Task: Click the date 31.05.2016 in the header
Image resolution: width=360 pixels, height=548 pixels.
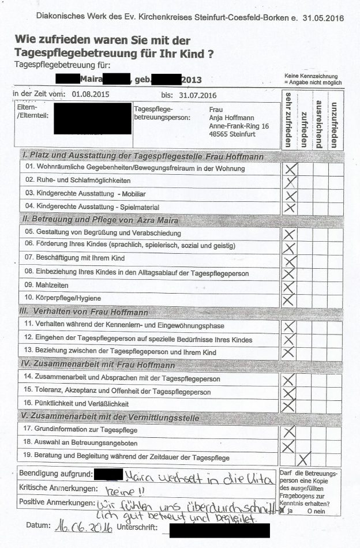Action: pyautogui.click(x=324, y=18)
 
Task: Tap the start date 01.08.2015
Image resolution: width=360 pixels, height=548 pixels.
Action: pyautogui.click(x=91, y=93)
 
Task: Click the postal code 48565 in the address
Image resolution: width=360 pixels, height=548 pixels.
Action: pyautogui.click(x=219, y=134)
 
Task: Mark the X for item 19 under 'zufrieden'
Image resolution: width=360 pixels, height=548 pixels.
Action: pyautogui.click(x=304, y=458)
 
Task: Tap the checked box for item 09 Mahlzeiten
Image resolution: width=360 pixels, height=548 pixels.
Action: pyautogui.click(x=289, y=286)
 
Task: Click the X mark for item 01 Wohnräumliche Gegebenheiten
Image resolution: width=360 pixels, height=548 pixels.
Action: pyautogui.click(x=290, y=168)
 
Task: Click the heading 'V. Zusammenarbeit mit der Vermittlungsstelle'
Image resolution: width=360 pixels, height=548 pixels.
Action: pyautogui.click(x=110, y=418)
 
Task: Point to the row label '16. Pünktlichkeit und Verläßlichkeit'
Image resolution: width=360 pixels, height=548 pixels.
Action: pyautogui.click(x=77, y=403)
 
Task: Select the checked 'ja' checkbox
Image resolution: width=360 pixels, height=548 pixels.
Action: pyautogui.click(x=282, y=511)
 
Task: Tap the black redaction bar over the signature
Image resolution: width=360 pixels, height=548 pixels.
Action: pyautogui.click(x=219, y=528)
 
